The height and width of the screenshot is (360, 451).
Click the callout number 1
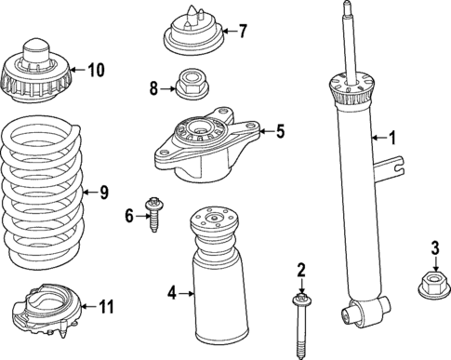[392, 139]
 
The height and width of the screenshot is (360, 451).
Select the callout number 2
[301, 271]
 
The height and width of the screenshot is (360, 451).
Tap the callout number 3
[433, 247]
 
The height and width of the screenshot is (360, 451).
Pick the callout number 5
[279, 132]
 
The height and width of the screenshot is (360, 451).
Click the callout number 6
[129, 216]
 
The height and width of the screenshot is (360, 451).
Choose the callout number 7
[243, 31]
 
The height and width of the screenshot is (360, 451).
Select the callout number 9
[104, 193]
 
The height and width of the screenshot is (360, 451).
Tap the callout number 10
[97, 69]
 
